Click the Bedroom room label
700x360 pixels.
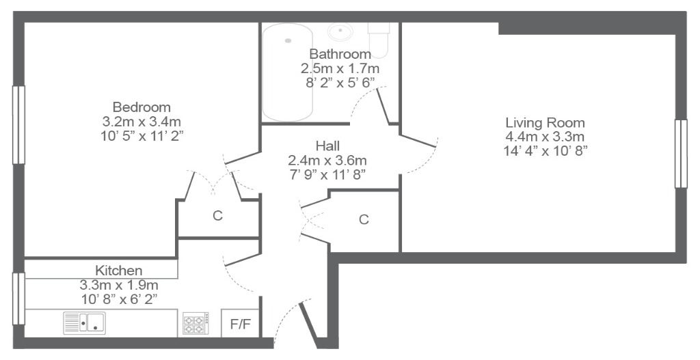coord(142,107)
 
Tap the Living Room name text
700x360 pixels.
coord(545,123)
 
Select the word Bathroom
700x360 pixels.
coord(340,54)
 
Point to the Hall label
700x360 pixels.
coord(327,146)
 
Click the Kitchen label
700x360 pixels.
coord(119,271)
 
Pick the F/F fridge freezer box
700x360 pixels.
coord(240,323)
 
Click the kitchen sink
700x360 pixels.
coord(84,323)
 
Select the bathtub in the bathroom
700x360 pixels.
coord(288,72)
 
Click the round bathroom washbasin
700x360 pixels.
coord(340,31)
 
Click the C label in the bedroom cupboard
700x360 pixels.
coord(217,216)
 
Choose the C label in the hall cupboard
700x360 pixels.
coord(364,219)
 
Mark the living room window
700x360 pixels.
coord(681,154)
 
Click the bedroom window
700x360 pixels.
coord(18,125)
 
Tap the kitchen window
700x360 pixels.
coord(18,299)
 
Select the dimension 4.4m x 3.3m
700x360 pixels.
coord(545,137)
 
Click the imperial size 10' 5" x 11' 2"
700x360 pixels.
coord(142,136)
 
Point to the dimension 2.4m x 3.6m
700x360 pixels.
coord(327,160)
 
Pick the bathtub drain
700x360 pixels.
coord(288,40)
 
